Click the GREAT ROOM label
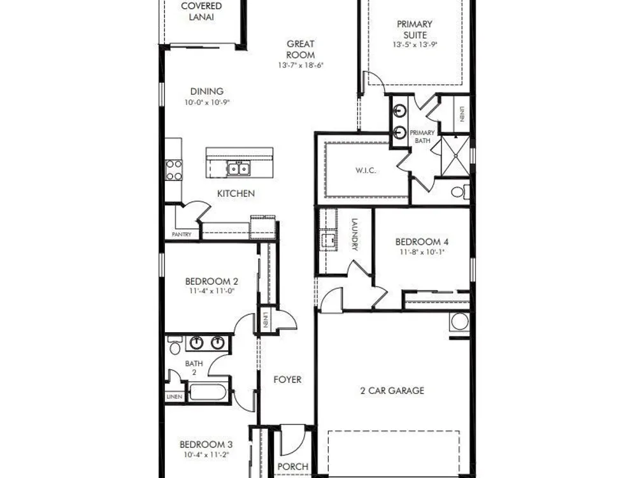(301, 49)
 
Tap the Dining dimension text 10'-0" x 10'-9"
(207, 103)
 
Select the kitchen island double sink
(238, 168)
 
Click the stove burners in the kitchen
(174, 170)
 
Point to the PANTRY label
(182, 235)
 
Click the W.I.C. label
(366, 170)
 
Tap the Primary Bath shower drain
(456, 156)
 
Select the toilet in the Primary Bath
(461, 191)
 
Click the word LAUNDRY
(354, 235)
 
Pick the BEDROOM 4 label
(422, 242)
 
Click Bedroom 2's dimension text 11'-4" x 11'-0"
(211, 291)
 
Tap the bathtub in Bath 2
(208, 393)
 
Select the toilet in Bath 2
(175, 346)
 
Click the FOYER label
(287, 380)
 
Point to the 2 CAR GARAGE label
(392, 391)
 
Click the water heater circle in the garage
(459, 321)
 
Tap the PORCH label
(293, 467)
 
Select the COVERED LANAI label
(201, 11)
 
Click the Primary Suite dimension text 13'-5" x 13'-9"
(415, 45)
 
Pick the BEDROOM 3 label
(206, 444)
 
